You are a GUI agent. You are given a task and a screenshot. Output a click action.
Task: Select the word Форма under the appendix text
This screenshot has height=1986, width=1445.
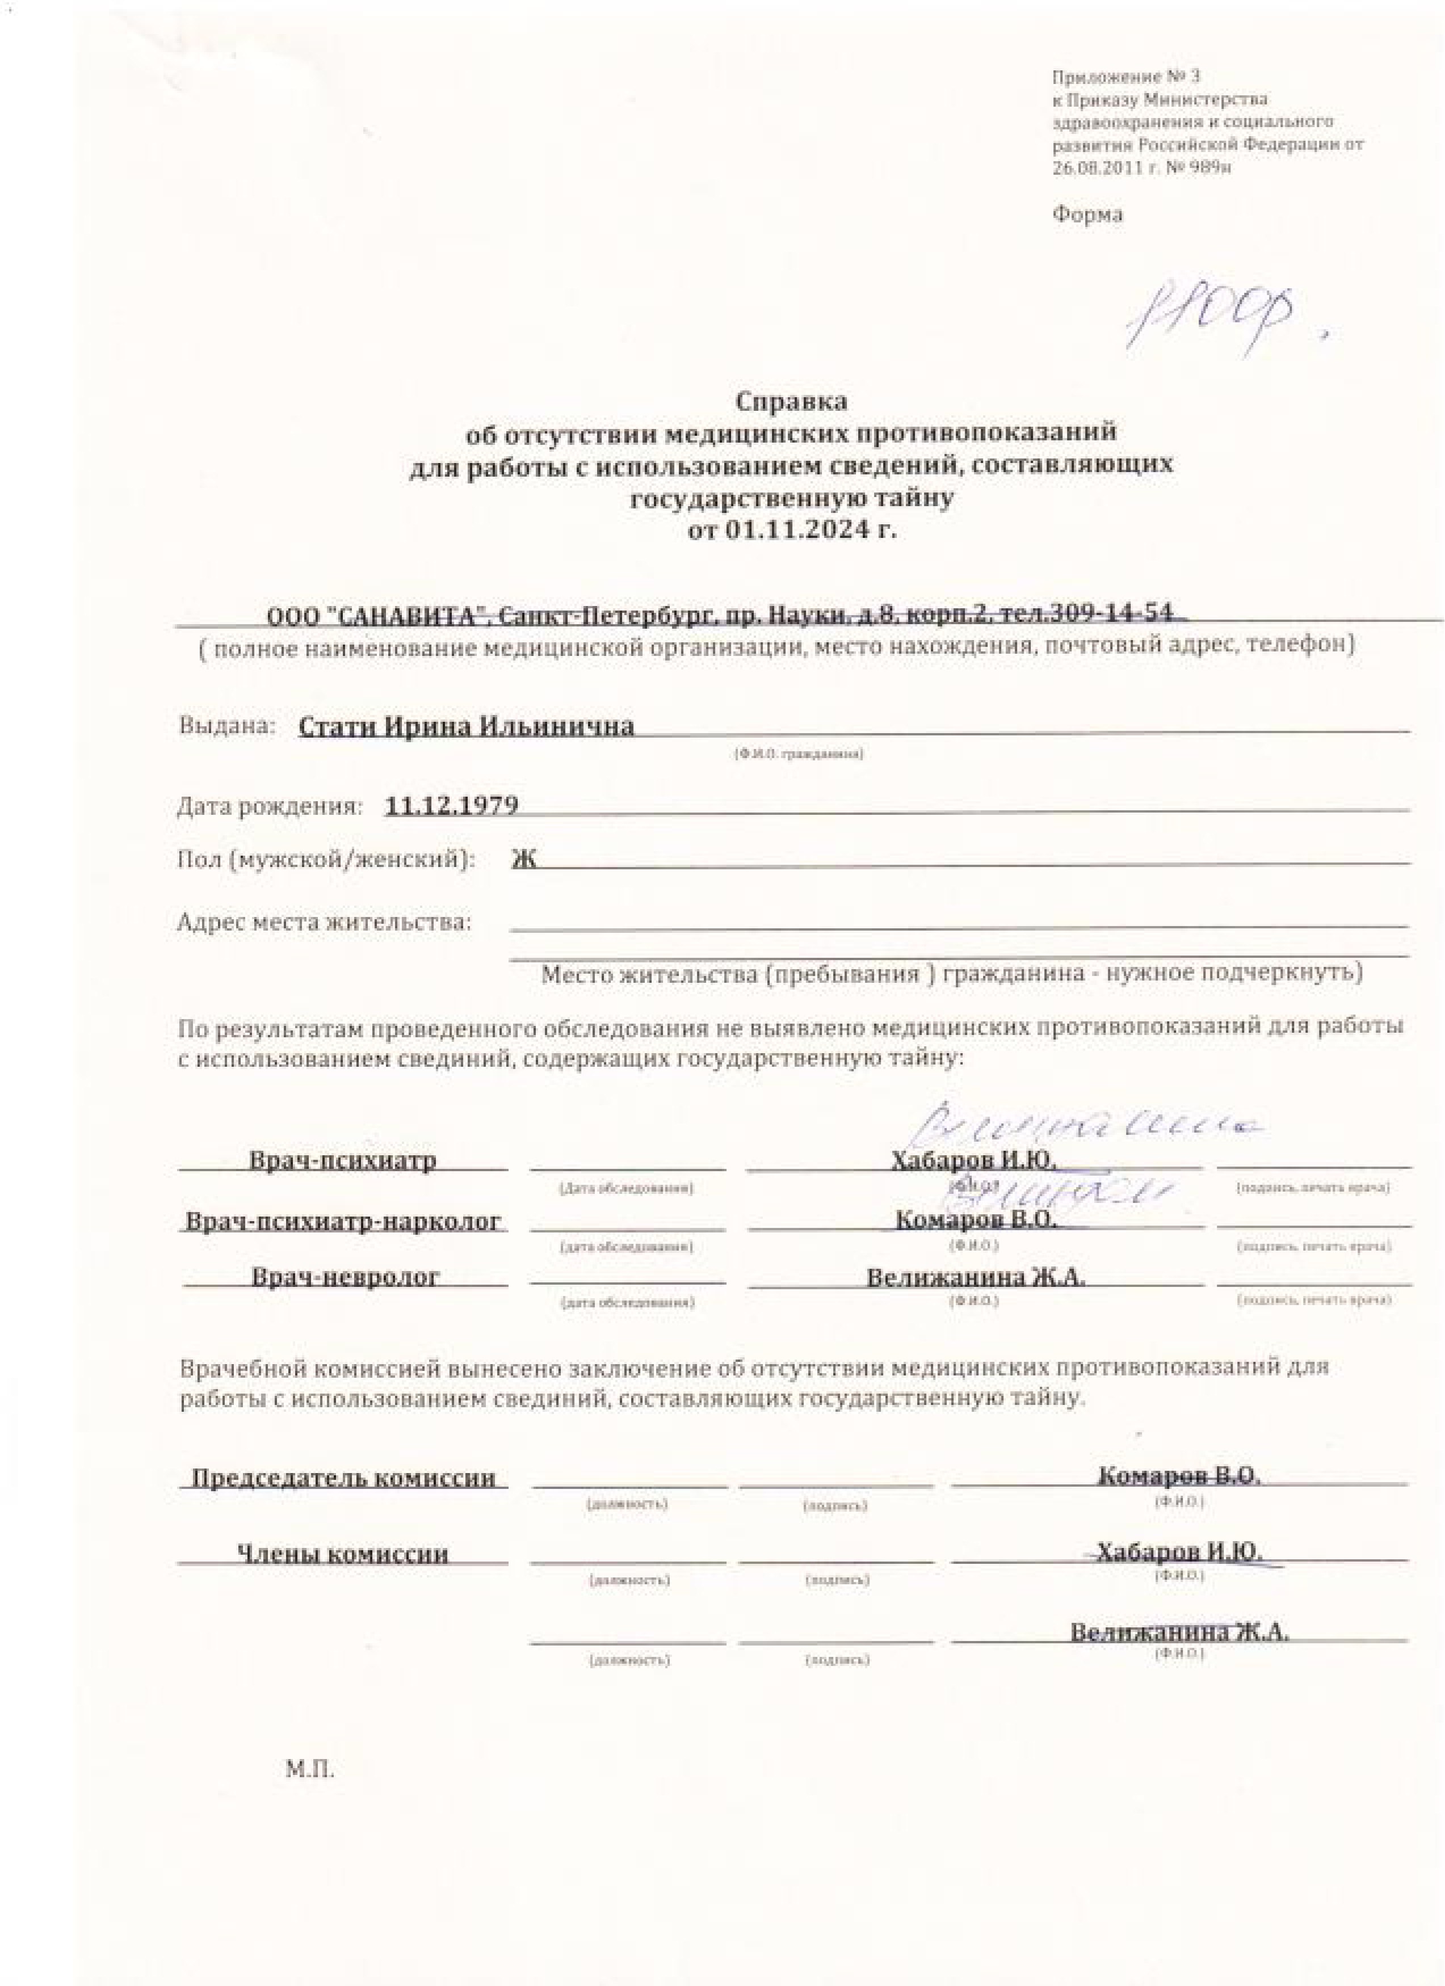click(x=1087, y=214)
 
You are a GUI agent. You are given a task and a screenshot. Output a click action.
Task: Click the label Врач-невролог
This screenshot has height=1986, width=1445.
click(x=345, y=1277)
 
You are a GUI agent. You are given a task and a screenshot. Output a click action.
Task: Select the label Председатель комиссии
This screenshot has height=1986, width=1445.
click(x=343, y=1478)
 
